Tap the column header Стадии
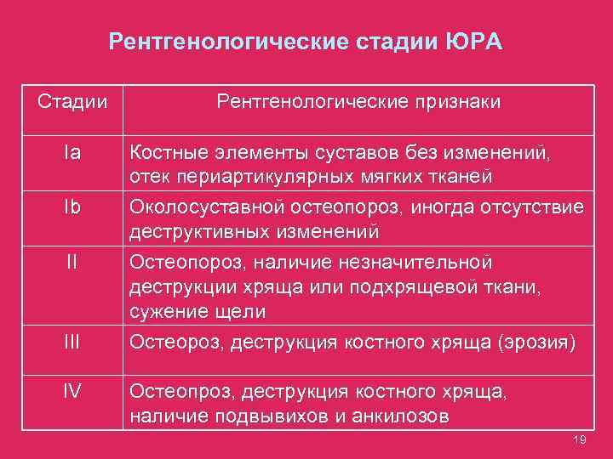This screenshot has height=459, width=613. click(x=72, y=102)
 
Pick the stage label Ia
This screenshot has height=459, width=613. click(x=72, y=154)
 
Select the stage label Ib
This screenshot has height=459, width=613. click(x=72, y=207)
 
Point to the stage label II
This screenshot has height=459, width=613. click(x=72, y=261)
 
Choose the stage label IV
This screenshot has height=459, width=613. click(x=72, y=392)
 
